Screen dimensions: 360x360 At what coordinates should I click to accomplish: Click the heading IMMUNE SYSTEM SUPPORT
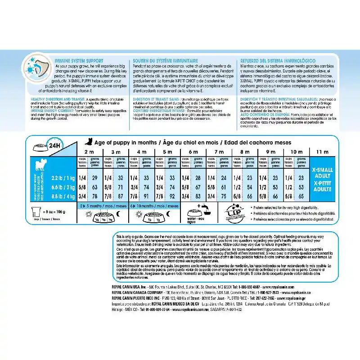coord(79,60)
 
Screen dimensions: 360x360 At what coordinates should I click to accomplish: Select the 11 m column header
coord(323,152)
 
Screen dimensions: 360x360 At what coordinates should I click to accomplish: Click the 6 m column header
coord(193,152)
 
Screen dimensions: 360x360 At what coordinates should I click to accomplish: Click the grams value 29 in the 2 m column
coord(94,178)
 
